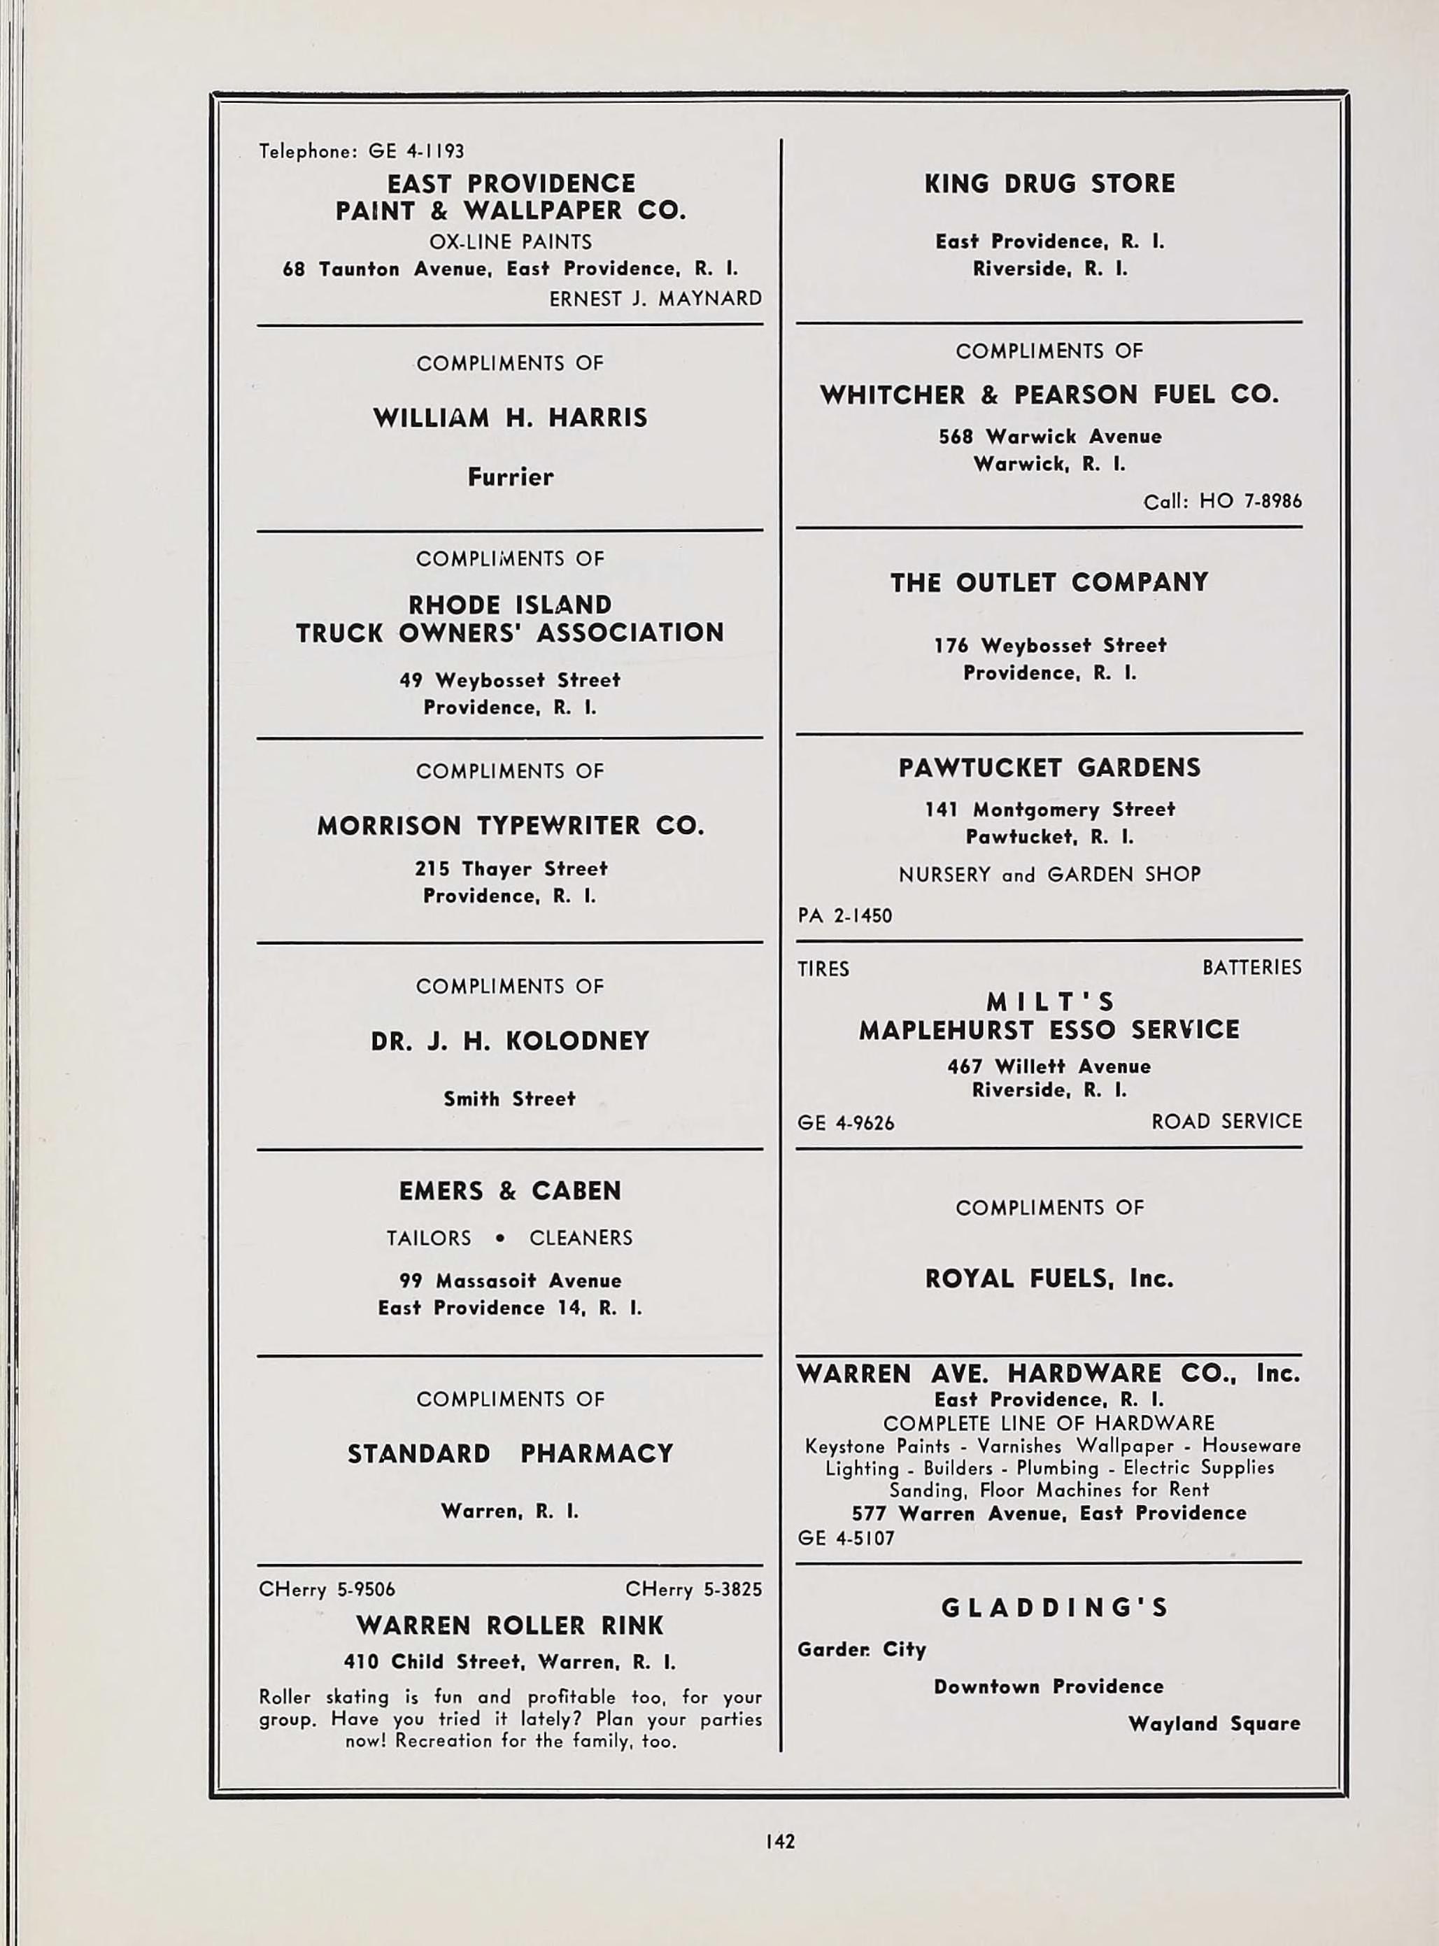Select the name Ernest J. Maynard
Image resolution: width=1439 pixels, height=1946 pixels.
tap(655, 299)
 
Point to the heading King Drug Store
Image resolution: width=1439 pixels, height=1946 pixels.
tap(1049, 184)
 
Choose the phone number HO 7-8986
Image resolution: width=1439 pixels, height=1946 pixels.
tap(1250, 501)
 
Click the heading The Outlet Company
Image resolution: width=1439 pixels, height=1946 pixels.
tap(1049, 582)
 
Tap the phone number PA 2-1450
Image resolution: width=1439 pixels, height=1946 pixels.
tap(845, 915)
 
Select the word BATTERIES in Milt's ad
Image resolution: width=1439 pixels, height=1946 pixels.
tap(1252, 968)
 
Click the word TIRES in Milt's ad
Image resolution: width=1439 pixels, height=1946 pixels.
tap(823, 968)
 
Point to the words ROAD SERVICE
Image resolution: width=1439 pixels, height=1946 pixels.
tap(1226, 1121)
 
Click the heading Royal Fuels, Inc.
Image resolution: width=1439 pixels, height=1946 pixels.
tap(1049, 1278)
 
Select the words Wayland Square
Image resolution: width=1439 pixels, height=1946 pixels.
tap(1214, 1723)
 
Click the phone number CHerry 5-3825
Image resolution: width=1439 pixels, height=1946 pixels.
tap(693, 1589)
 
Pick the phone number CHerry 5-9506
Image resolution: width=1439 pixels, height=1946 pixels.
tap(327, 1589)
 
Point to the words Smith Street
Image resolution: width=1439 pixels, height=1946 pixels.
tap(509, 1099)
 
